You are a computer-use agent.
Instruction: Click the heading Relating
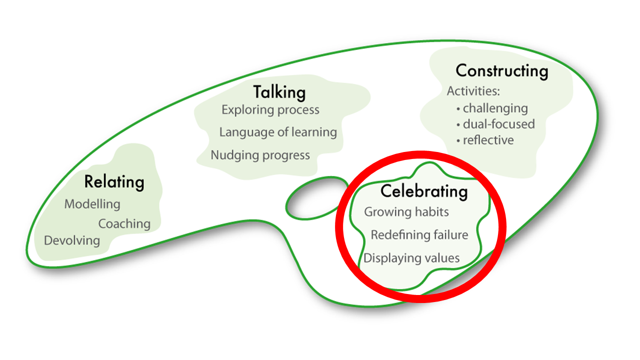coord(114,182)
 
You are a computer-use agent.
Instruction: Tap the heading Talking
coord(279,92)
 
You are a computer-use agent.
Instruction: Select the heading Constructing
coord(502,71)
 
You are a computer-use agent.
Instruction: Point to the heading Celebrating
coord(424,191)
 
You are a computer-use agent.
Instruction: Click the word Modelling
coord(92,204)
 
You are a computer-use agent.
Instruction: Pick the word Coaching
coord(124,223)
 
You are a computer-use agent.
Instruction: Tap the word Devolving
coord(72,240)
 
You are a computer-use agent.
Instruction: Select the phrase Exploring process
coord(270,109)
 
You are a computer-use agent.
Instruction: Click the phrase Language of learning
coord(278,132)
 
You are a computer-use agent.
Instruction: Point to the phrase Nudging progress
coord(260,155)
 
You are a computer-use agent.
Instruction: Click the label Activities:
coord(473,91)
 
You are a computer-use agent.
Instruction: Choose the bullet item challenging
coord(495,108)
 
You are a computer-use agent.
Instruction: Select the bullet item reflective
coord(488,140)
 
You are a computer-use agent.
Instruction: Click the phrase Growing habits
coord(406,212)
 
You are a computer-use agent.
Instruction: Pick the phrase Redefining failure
coord(419,235)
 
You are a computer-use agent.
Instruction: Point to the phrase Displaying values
coord(411,258)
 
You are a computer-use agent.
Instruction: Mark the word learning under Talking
coord(314,132)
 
